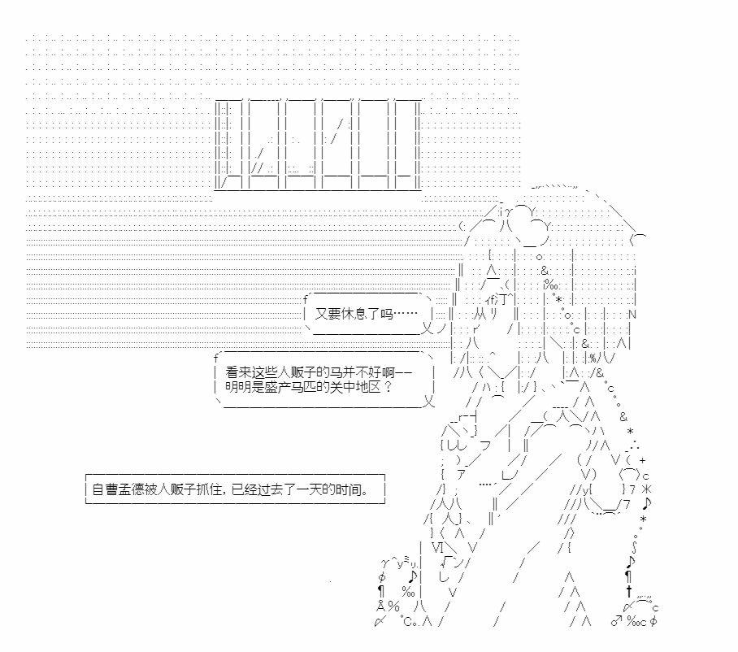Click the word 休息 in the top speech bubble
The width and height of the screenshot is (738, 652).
(x=354, y=314)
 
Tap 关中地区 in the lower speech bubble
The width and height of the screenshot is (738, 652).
(x=355, y=387)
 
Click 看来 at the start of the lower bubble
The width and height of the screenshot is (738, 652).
(x=238, y=372)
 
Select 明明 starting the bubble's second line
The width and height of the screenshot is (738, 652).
(x=238, y=387)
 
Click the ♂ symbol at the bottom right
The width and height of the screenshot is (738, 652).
(x=616, y=621)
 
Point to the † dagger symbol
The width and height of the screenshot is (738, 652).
(x=629, y=591)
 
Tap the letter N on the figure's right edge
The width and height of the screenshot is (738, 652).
(x=632, y=314)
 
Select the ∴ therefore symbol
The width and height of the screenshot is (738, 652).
(x=633, y=445)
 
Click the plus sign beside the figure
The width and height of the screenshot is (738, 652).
(x=642, y=460)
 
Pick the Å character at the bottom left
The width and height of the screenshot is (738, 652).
(x=380, y=606)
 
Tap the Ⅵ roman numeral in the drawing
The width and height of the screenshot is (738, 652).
(x=438, y=547)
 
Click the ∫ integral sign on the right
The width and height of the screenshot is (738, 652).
(x=635, y=547)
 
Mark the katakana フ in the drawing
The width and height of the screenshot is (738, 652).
(x=485, y=446)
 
